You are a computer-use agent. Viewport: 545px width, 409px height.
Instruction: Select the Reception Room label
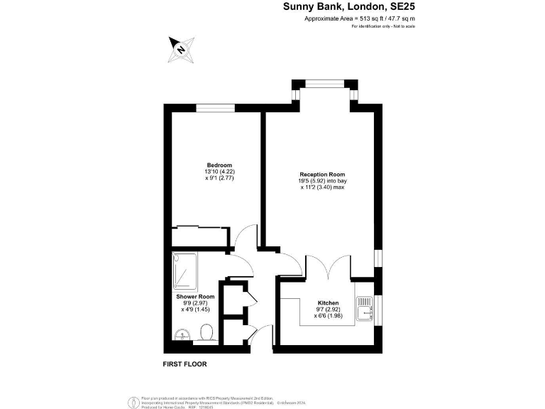[322, 174]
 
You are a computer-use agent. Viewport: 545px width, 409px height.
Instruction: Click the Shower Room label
[195, 296]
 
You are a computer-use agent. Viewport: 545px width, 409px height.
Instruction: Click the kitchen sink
[366, 307]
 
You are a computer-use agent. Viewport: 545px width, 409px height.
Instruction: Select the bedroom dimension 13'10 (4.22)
[215, 171]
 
